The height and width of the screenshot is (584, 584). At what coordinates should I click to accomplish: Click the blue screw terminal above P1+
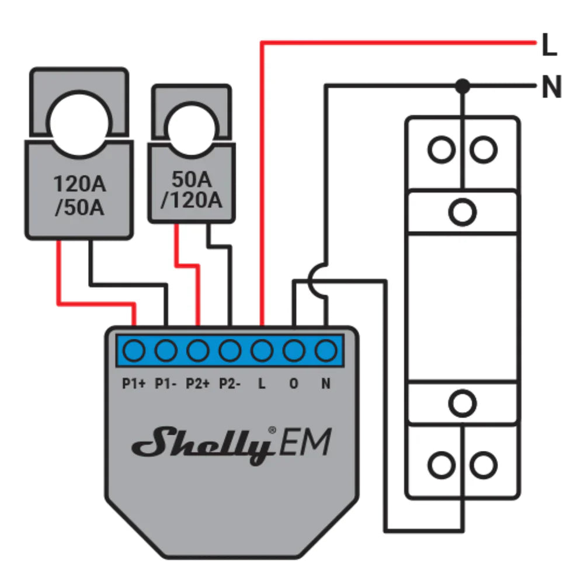pos(134,350)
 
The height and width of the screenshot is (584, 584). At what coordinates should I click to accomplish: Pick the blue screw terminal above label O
pos(294,350)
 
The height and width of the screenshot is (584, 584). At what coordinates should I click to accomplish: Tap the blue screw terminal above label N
pos(326,350)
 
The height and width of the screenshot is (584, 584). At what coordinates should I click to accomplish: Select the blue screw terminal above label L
pos(262,350)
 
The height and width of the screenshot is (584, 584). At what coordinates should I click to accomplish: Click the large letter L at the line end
pos(549,47)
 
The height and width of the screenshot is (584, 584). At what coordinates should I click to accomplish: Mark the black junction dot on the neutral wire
pos(463,86)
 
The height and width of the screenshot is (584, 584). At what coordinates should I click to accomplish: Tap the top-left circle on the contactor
pos(440,150)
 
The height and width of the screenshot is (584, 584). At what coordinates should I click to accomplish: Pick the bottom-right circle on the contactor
pos(484,465)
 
